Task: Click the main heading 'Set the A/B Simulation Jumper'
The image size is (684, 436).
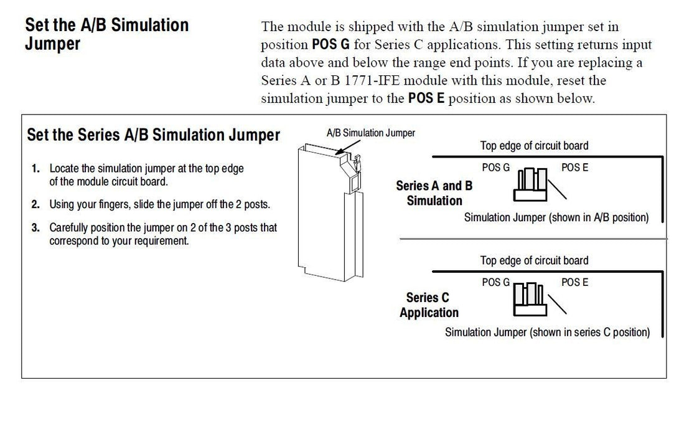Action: [106, 34]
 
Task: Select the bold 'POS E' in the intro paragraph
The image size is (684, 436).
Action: [426, 99]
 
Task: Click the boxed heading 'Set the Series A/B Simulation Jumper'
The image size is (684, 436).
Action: [154, 135]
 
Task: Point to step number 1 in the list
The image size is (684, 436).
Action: [36, 168]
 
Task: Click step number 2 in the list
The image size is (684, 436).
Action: [36, 204]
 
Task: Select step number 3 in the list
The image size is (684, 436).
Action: [36, 228]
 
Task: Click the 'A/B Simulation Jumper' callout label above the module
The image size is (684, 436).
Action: [370, 133]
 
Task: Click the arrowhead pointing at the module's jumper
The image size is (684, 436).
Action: [339, 151]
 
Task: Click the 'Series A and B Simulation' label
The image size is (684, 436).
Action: [434, 193]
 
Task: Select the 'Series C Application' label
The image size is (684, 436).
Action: [429, 305]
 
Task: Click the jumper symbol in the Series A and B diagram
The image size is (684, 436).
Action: [530, 184]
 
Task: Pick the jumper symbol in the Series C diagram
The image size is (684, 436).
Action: [530, 299]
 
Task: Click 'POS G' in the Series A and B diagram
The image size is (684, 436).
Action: [495, 168]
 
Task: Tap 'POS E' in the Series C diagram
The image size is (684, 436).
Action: [574, 283]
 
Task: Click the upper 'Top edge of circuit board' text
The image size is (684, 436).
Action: [534, 146]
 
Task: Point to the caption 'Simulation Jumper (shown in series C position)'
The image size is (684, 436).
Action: [547, 333]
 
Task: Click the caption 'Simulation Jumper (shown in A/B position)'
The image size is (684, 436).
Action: [556, 218]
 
